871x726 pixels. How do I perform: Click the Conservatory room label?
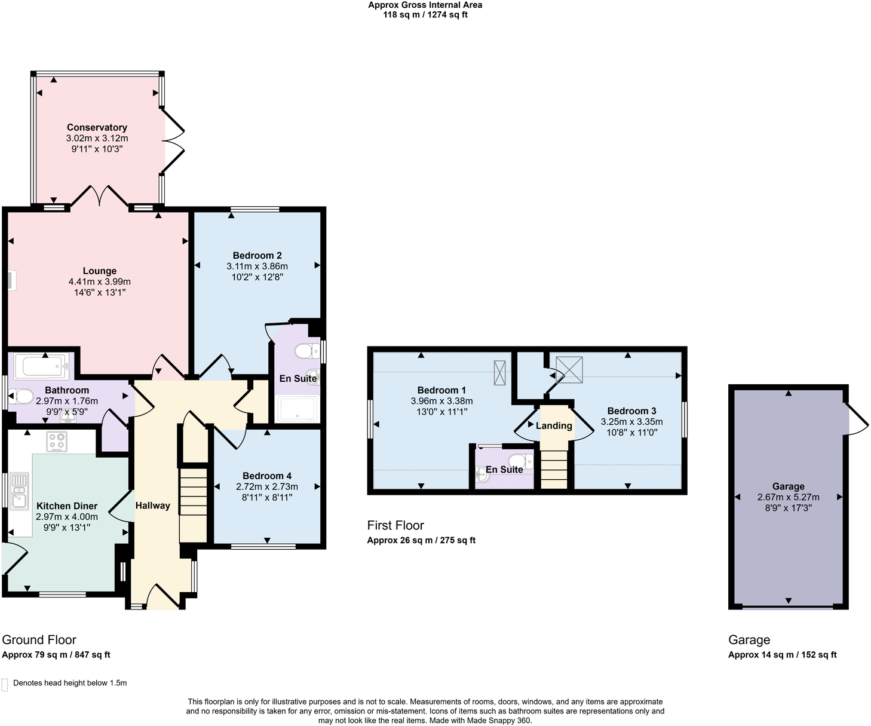(97, 127)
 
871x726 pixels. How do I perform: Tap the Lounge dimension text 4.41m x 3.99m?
(99, 282)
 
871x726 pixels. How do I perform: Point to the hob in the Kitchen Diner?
(57, 442)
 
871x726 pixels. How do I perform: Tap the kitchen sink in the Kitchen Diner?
(19, 491)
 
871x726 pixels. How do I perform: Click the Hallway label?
(152, 506)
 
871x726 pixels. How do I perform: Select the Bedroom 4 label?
(267, 476)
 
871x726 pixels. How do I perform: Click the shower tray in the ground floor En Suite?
(297, 409)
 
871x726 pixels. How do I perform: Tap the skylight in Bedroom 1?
(499, 373)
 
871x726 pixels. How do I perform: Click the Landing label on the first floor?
(554, 425)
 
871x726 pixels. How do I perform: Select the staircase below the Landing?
(554, 469)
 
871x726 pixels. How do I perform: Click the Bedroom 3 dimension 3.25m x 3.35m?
(631, 422)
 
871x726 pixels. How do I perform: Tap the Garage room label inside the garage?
(788, 486)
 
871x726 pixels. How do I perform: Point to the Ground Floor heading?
(39, 640)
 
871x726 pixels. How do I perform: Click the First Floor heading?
(395, 525)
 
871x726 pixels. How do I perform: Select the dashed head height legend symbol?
(5, 684)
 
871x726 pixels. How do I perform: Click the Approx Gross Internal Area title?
(425, 5)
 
